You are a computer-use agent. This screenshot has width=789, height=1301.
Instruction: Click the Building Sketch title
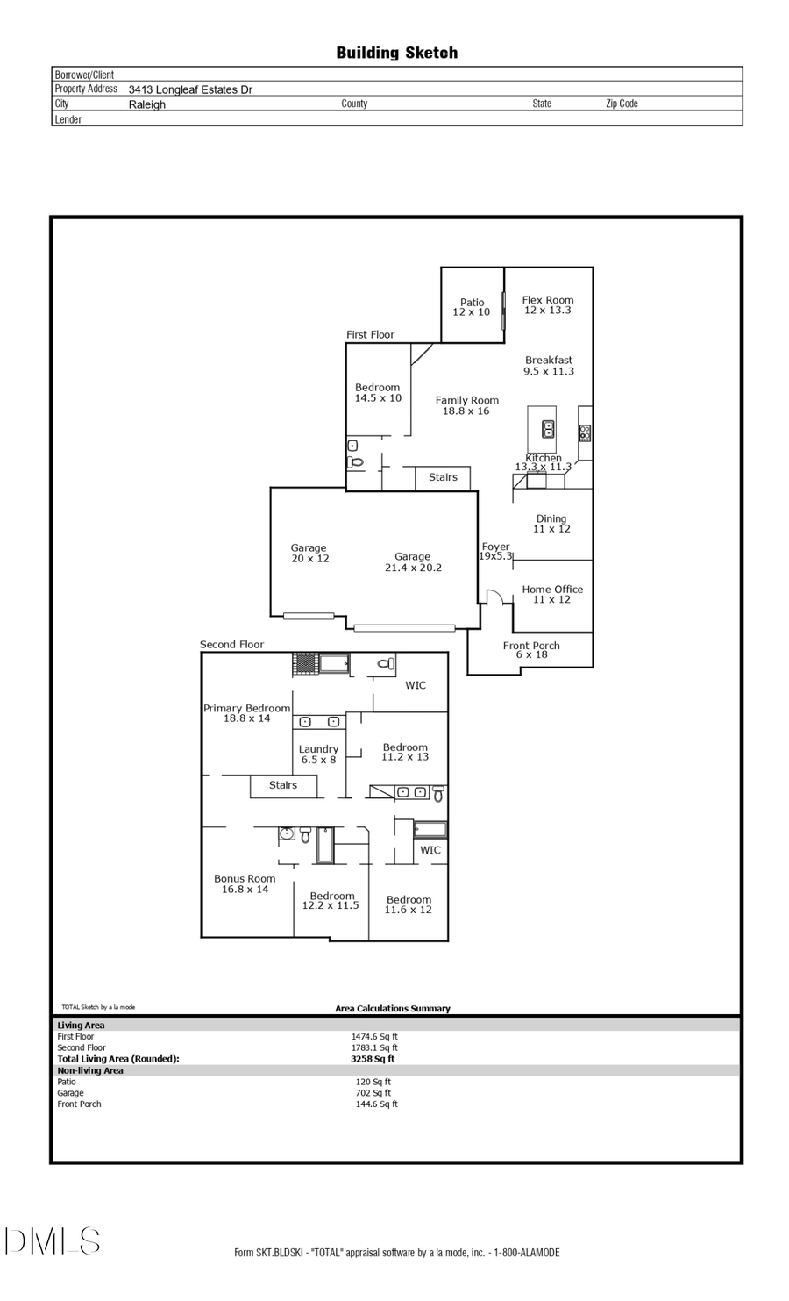point(396,53)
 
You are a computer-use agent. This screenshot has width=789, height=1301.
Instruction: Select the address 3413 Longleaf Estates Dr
point(190,89)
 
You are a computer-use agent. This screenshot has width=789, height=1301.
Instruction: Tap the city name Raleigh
point(146,104)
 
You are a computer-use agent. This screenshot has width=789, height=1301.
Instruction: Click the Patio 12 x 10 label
point(472,307)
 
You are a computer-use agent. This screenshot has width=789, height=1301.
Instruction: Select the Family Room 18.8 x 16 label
point(466,405)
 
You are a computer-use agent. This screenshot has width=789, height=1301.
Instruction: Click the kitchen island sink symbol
point(548,429)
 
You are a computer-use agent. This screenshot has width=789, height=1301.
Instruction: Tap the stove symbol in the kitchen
point(585,432)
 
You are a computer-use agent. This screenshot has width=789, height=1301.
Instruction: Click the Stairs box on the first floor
point(443,477)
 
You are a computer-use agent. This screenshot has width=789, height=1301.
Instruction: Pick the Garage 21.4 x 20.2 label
point(413,561)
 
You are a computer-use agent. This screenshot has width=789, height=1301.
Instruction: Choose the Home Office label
point(552,594)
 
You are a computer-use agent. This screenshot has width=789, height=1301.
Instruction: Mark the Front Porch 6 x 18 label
point(531,649)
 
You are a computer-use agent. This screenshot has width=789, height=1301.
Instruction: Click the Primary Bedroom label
point(246,712)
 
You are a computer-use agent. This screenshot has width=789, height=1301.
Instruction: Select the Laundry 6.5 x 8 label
point(318,754)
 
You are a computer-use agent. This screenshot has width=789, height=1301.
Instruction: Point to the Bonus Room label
point(245,883)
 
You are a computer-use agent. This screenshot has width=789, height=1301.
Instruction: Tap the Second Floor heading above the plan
point(231,644)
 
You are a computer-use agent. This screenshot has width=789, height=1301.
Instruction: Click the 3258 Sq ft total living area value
point(373,1059)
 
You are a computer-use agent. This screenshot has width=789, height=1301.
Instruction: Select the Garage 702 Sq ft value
point(373,1093)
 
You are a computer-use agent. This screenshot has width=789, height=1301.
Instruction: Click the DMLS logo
point(53,1240)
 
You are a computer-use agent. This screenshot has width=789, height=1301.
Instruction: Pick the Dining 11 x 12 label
point(551,524)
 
